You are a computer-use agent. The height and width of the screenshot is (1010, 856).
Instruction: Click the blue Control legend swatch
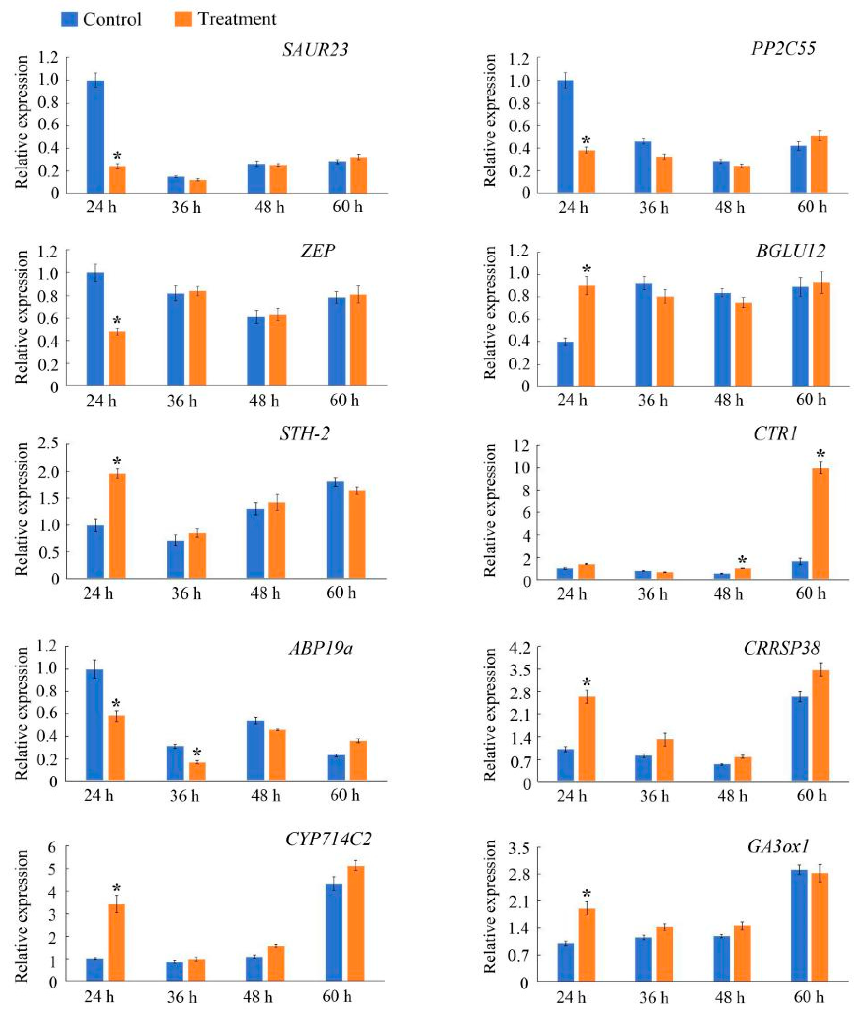pos(69,20)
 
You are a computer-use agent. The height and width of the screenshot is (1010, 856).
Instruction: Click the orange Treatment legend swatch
pos(183,20)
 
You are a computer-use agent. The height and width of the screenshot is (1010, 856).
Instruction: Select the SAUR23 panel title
pos(315,50)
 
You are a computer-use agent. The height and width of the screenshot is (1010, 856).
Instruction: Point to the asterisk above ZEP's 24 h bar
pos(117,321)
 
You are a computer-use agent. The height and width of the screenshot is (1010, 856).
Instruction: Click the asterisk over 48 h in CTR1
pos(743,559)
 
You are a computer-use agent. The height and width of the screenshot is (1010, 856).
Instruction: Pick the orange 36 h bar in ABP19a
pos(197,771)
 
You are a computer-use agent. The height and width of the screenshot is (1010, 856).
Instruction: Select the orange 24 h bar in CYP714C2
pos(116,943)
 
